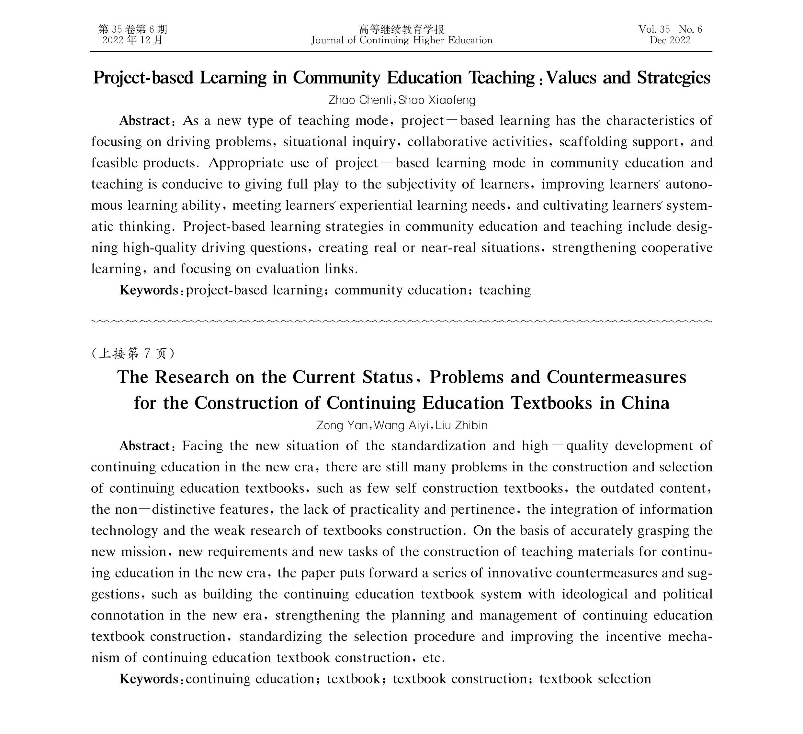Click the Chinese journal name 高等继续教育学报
tap(401, 29)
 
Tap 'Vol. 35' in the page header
tap(654, 29)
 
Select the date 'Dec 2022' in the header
tap(670, 40)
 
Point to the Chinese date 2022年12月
tap(133, 40)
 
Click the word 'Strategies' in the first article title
tap(673, 78)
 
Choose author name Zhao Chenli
tap(360, 100)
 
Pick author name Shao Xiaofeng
tap(437, 100)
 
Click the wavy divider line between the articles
tap(401, 321)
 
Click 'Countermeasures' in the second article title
tap(616, 377)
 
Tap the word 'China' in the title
tap(645, 403)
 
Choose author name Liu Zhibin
tap(461, 425)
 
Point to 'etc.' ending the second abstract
tap(433, 658)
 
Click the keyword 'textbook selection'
tap(595, 679)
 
